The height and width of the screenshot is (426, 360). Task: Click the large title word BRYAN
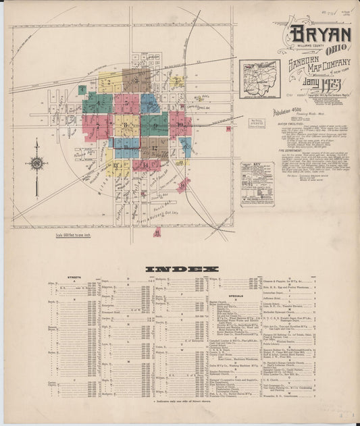[x=320, y=35]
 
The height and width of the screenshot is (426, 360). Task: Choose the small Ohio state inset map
[x=259, y=79]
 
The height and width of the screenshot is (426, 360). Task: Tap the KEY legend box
[x=257, y=184]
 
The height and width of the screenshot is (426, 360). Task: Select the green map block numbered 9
[x=155, y=126]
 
